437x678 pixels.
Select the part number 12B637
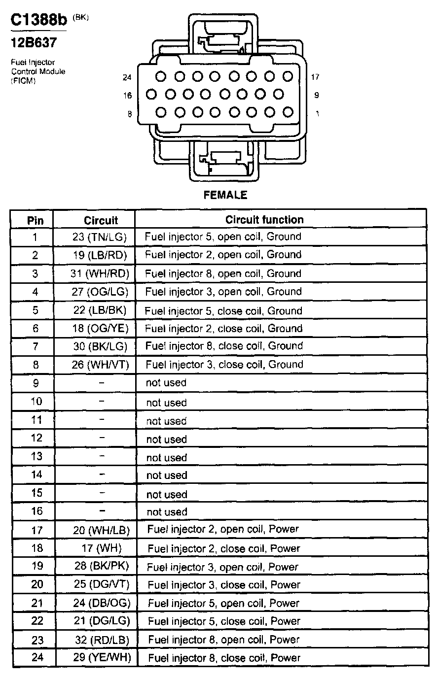pos(34,43)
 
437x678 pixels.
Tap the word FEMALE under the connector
pos(225,195)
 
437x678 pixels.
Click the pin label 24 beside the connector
pos(127,77)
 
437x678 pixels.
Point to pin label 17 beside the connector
pos(316,77)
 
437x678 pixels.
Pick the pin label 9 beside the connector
pos(316,95)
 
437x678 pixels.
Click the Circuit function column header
pos(264,219)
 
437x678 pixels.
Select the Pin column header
pos(35,220)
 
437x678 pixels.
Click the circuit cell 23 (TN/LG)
pos(100,237)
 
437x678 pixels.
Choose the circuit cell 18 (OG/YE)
pos(100,328)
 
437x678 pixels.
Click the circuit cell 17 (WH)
pos(102,548)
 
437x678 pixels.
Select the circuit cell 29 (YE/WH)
pos(102,657)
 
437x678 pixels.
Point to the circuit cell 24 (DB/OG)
pos(102,603)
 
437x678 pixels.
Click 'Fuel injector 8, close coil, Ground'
pos(224,346)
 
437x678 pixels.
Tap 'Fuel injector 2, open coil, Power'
pos(223,529)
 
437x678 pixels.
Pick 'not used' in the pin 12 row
pos(166,439)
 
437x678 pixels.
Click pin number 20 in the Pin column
pos(37,584)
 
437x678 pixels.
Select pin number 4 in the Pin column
pos(35,292)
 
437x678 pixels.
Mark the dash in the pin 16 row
pos(102,511)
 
